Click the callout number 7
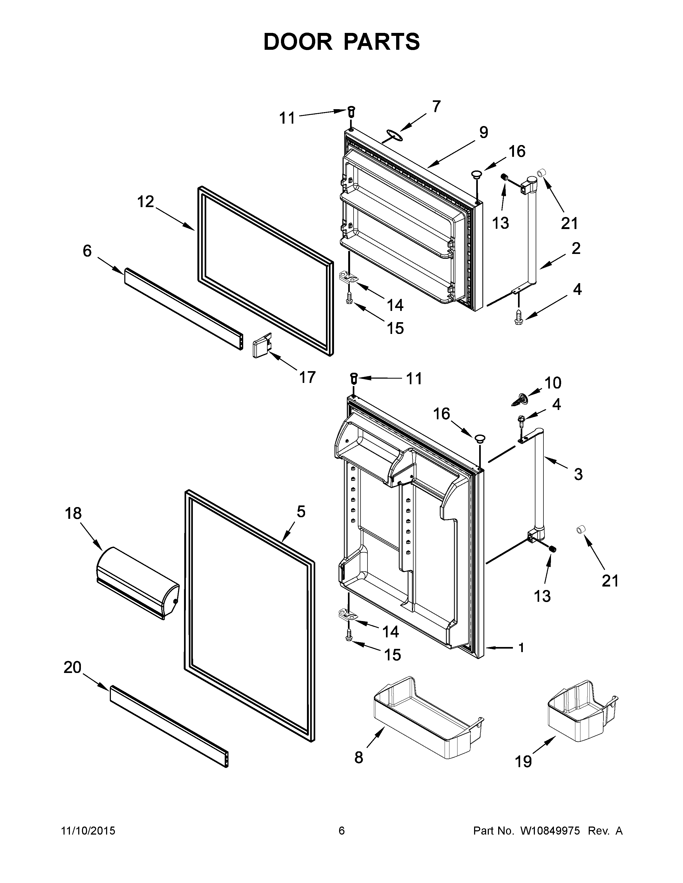(436, 107)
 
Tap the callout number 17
(307, 377)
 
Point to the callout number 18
(73, 513)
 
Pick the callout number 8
(358, 757)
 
